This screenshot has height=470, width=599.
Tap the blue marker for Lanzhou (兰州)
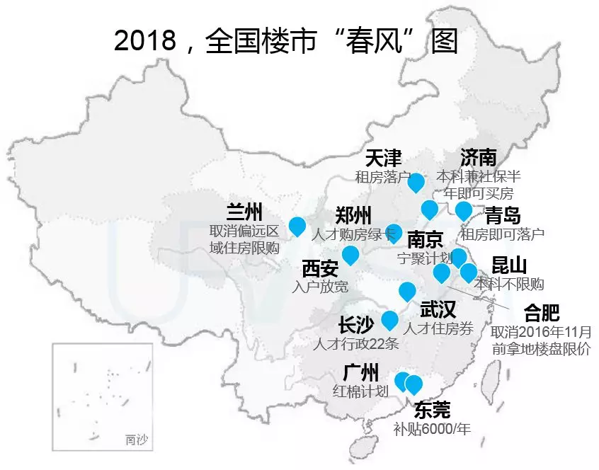tap(297, 226)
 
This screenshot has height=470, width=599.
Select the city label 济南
tap(478, 157)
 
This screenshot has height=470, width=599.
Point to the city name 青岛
tap(503, 215)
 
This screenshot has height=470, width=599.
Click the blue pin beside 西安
tap(350, 255)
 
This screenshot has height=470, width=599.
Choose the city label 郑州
tap(353, 216)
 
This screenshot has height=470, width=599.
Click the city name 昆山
tap(509, 266)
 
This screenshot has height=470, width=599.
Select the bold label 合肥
tap(541, 312)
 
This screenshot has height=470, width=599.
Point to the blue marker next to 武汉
tap(407, 291)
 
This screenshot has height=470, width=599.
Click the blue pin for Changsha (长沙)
tap(389, 320)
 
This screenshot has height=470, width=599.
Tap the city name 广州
tap(360, 372)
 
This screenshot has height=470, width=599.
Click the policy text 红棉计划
tap(360, 391)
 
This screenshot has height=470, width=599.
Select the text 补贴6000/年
tap(433, 428)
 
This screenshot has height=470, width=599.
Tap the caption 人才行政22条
tap(357, 345)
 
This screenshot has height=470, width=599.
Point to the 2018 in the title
tap(144, 40)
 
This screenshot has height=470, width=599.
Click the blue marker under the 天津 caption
tap(416, 182)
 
